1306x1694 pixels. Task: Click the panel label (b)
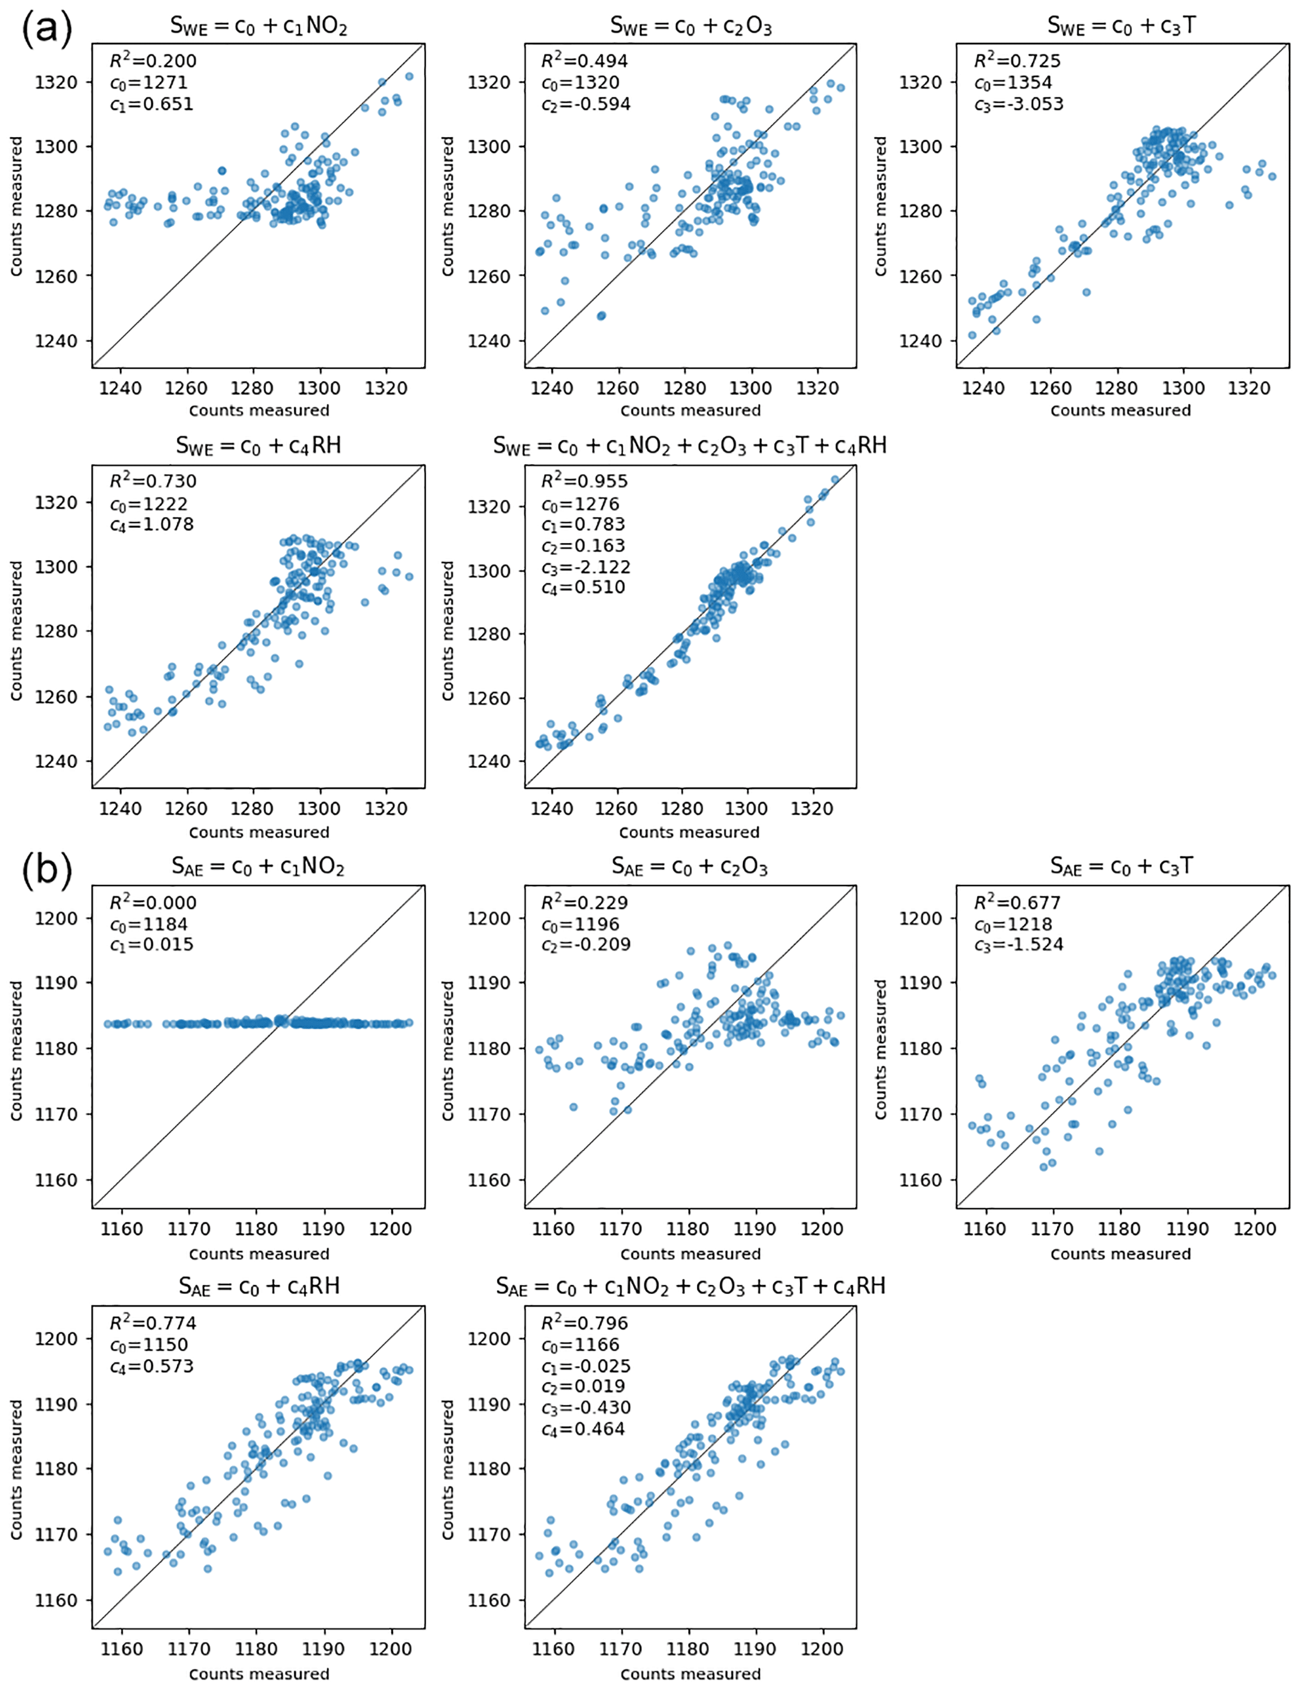pos(47,870)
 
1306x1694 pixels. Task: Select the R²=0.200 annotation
pos(153,61)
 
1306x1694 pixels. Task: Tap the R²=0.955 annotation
pos(584,482)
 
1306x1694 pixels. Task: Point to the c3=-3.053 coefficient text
pos(1019,104)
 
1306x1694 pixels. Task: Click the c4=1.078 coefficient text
pos(152,525)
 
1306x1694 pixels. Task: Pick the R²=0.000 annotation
pos(153,903)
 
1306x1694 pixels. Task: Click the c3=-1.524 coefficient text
pos(1019,945)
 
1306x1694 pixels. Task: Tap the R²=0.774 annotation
pos(153,1323)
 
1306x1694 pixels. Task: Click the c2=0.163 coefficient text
pos(583,546)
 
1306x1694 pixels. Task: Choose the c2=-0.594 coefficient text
pos(586,104)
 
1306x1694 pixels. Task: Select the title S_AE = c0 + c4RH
pos(259,1287)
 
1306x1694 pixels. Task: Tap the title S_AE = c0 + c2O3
pos(689,867)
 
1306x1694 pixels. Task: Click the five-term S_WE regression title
pos(689,446)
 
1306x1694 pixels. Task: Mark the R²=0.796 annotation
pos(584,1323)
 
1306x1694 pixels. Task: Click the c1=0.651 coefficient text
pos(152,104)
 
